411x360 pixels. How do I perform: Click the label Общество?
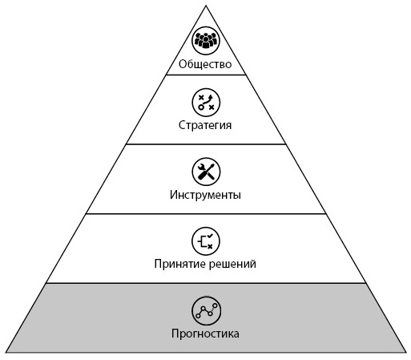(x=205, y=64)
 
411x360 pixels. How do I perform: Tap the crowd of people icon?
(x=206, y=41)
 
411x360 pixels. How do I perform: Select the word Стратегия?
(x=205, y=125)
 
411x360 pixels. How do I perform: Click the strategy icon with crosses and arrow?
(x=206, y=103)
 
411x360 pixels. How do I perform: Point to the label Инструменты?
(x=205, y=195)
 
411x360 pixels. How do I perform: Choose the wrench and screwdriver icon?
(x=206, y=172)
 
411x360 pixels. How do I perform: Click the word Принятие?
(x=179, y=264)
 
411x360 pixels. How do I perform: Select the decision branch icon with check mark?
(x=206, y=241)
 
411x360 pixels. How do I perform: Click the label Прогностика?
(x=205, y=334)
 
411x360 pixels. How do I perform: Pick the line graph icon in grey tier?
(x=206, y=310)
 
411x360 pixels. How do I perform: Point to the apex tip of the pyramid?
(x=206, y=6)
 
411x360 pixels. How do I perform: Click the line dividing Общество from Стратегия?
(x=206, y=75)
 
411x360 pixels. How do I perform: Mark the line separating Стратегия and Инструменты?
(x=206, y=144)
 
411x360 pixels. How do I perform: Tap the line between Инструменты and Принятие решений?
(x=206, y=213)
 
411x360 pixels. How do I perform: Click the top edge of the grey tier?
(x=206, y=283)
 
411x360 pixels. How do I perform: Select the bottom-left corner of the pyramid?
(x=6, y=352)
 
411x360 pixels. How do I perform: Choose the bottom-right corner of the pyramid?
(x=406, y=352)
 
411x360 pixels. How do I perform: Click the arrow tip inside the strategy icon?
(x=211, y=96)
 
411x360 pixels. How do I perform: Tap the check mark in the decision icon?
(x=211, y=236)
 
